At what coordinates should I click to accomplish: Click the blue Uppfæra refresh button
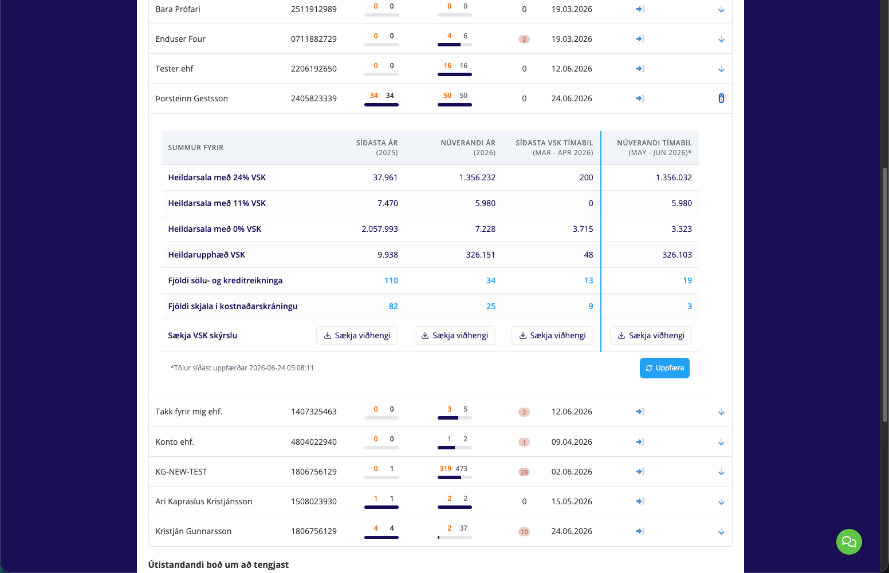664,368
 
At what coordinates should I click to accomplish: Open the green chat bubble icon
849,542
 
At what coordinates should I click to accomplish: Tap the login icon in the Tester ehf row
640,69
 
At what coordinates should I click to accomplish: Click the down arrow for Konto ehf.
721,442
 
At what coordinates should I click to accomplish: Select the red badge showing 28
524,472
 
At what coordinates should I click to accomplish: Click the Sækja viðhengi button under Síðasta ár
357,335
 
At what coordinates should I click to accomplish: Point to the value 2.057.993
379,229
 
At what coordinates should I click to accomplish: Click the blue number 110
391,280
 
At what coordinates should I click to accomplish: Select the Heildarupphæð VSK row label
206,255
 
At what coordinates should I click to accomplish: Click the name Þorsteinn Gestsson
192,98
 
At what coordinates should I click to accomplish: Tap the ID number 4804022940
313,442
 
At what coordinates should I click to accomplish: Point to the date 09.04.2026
572,442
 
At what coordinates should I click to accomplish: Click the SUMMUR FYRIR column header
196,148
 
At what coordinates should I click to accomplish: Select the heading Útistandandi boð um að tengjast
218,564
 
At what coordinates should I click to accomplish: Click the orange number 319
445,468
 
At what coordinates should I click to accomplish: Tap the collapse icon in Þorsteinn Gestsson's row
721,98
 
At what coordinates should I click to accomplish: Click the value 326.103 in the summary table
676,255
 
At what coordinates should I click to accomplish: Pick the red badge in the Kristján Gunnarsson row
524,532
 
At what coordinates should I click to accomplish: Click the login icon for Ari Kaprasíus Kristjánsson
640,501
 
